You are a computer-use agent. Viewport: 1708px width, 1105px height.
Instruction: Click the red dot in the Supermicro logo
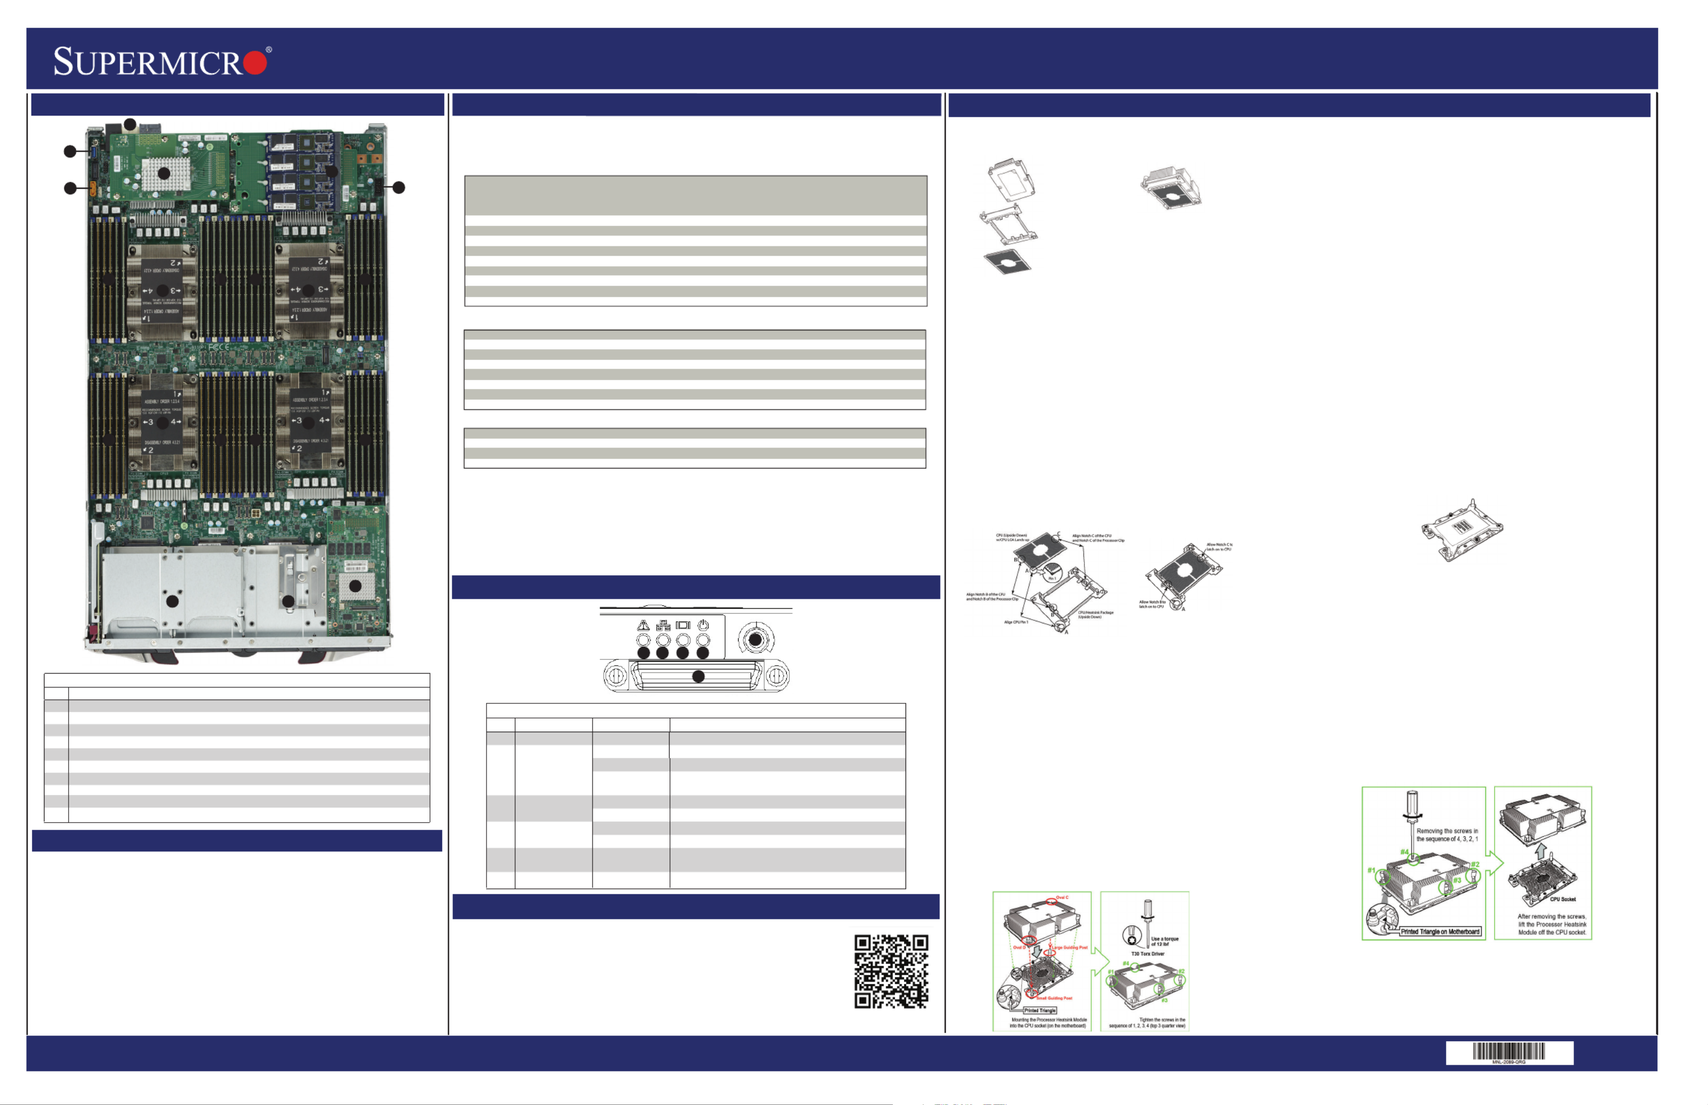click(x=255, y=62)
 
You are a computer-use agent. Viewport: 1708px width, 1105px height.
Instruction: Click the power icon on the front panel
click(x=703, y=625)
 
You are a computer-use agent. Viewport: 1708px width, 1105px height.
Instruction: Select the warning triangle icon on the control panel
click(x=643, y=625)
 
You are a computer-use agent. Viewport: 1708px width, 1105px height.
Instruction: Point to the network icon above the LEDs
click(x=663, y=625)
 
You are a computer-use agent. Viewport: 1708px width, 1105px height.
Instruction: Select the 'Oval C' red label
click(x=1061, y=897)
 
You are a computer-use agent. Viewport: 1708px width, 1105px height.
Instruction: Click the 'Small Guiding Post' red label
click(x=1054, y=998)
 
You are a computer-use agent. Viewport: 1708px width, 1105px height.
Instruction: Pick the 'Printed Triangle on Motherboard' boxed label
click(x=1440, y=931)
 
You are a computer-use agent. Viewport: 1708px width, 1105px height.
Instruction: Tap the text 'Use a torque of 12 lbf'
click(x=1164, y=941)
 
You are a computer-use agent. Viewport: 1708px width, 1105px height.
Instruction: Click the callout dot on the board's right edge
click(x=399, y=187)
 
